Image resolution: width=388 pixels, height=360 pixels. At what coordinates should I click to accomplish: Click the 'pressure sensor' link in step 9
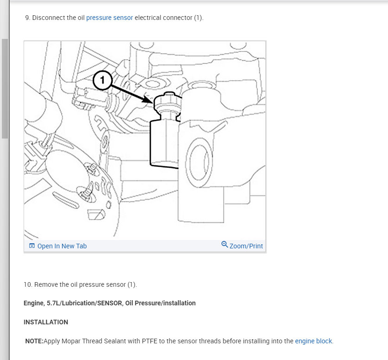[109, 18]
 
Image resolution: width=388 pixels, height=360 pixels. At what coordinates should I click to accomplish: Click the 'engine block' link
[313, 341]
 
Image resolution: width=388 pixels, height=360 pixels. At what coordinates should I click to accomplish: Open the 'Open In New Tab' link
[62, 246]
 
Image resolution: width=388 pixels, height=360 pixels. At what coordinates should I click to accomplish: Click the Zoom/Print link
[246, 246]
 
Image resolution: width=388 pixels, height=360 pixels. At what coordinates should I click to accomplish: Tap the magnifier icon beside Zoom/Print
[225, 244]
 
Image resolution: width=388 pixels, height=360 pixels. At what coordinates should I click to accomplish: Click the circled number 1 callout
[102, 81]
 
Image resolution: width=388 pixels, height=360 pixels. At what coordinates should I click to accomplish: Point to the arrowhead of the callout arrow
[149, 100]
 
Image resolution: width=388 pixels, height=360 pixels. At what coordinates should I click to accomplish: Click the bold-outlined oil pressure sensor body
[163, 141]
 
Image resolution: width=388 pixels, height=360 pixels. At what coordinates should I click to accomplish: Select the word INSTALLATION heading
[46, 322]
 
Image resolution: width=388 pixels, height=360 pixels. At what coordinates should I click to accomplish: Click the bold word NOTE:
[34, 341]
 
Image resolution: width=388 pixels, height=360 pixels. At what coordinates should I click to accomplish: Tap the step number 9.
[27, 18]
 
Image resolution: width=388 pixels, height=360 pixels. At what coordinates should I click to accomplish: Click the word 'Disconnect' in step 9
[48, 18]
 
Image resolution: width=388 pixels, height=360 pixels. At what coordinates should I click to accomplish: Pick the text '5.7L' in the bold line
[53, 303]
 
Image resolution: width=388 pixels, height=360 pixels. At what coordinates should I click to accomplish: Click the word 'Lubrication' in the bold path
[79, 303]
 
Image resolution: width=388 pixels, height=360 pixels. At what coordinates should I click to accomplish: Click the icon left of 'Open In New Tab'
[32, 246]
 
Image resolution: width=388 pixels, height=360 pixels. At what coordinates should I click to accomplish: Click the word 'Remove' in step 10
[46, 284]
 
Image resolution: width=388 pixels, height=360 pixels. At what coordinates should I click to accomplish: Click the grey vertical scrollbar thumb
[5, 88]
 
